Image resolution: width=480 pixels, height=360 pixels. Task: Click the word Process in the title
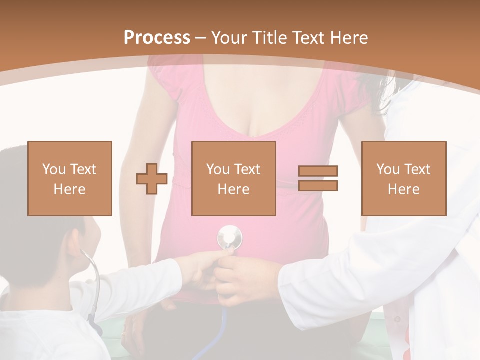coord(157,38)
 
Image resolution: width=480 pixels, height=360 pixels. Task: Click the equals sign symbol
coord(318,178)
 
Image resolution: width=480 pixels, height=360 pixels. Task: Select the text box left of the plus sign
coord(70,178)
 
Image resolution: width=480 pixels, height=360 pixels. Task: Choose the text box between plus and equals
coord(234,178)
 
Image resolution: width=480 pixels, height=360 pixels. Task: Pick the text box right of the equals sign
coord(404,178)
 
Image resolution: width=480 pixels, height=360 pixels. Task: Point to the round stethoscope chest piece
coord(229,236)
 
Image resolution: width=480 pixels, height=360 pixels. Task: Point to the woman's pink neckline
coord(255,125)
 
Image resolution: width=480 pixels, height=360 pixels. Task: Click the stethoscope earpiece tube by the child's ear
coord(95,280)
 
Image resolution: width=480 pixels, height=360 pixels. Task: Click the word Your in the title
coord(228,38)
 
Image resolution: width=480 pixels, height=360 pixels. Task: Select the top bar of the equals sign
coord(318,171)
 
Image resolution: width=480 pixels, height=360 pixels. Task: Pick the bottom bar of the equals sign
coord(318,186)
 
